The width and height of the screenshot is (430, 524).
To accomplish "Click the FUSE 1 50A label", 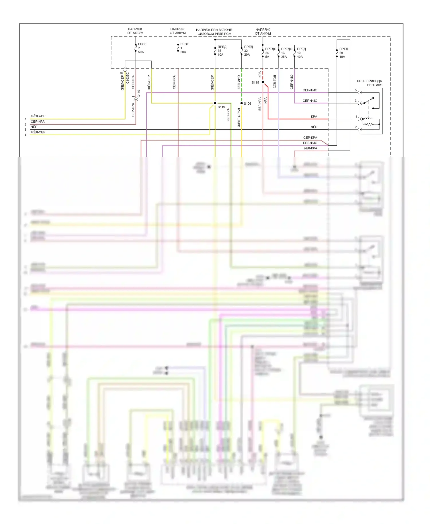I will tap(184, 48).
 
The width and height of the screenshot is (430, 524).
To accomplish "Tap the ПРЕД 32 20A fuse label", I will tap(248, 51).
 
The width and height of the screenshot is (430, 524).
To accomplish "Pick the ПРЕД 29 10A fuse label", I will tap(343, 53).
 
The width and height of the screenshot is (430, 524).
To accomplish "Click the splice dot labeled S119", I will tap(215, 103).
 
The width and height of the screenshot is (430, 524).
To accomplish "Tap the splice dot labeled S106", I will tap(242, 103).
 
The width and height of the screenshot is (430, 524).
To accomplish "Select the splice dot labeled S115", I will tap(263, 82).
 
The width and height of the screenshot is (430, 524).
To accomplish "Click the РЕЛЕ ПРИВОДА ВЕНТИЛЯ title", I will tap(370, 83).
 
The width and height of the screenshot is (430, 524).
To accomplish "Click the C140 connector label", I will tap(138, 94).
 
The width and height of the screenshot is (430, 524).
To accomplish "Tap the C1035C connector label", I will tap(128, 78).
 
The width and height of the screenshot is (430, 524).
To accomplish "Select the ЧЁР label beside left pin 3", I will tap(34, 127).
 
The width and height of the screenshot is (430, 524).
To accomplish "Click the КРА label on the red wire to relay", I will tap(314, 117).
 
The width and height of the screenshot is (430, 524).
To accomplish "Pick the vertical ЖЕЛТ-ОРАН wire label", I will tap(239, 118).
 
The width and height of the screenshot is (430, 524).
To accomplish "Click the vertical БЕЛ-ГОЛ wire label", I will tap(275, 82).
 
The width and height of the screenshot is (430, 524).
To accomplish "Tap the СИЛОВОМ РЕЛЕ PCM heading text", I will tap(214, 34).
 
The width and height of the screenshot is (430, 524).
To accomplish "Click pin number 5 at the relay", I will tap(356, 90).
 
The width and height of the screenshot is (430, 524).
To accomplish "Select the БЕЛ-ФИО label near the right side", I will tap(310, 143).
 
